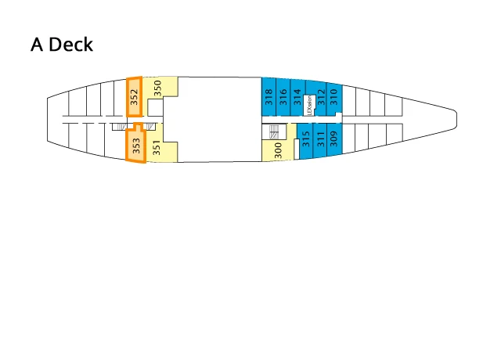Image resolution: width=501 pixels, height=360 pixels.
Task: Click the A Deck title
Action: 62,45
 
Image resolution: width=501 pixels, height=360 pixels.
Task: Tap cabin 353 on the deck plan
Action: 135,146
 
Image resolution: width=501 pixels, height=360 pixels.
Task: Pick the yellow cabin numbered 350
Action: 158,90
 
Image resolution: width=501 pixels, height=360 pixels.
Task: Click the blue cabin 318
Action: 269,96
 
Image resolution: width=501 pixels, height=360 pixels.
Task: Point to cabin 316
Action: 283,96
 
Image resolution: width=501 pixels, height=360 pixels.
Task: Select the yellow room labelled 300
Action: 277,149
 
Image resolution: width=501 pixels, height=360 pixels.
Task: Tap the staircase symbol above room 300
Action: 274,131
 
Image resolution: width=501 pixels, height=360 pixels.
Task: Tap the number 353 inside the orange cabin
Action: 135,146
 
